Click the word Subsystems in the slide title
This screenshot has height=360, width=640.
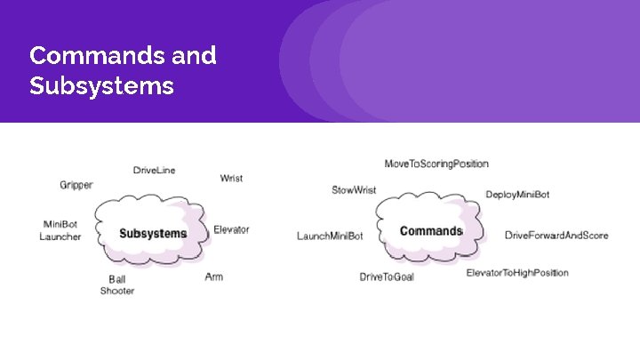coord(101,87)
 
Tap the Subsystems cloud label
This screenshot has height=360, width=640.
coord(153,234)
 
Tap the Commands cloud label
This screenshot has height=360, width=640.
coord(431,231)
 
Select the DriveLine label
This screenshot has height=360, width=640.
coord(154,170)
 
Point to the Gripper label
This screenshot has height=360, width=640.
coord(76,185)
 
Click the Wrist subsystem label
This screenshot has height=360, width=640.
coord(231,178)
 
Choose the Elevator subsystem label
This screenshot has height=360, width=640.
coord(231,229)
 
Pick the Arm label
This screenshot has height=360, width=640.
coord(213,276)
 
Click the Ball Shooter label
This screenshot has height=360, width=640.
coord(117,284)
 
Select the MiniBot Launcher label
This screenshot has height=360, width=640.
coord(60,230)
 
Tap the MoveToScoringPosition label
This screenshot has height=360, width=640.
coord(436,164)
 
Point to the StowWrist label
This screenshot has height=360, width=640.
coord(353,189)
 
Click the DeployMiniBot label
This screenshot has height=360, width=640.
coord(517,194)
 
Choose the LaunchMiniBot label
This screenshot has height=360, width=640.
coord(330,236)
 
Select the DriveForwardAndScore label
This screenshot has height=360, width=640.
coord(556,235)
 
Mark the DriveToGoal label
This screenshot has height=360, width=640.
coord(387,276)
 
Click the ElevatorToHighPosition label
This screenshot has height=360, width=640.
coord(517,273)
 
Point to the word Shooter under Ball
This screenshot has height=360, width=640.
coord(117,291)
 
